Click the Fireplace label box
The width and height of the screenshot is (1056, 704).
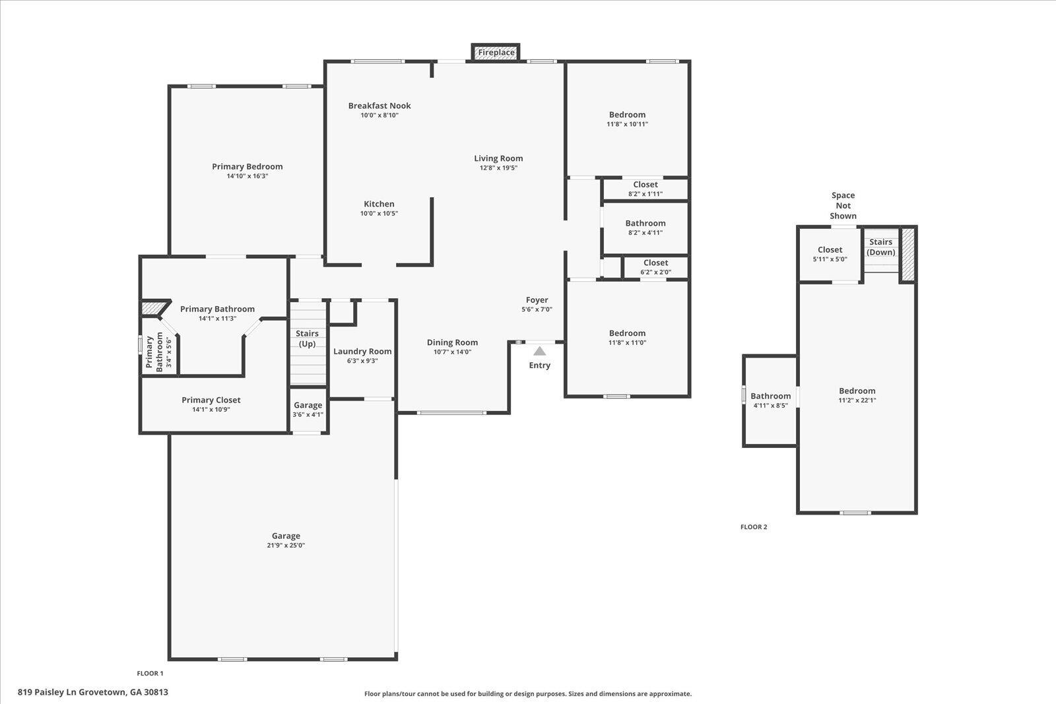[496, 52]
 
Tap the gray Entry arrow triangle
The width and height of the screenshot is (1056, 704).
[540, 351]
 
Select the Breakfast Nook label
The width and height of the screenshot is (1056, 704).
[379, 106]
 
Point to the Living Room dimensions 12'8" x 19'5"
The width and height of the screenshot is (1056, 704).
[498, 168]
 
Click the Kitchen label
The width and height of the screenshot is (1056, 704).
[379, 204]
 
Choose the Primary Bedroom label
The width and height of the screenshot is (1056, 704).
[247, 166]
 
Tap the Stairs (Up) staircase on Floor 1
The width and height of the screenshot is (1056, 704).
[308, 344]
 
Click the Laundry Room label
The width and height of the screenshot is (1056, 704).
[362, 351]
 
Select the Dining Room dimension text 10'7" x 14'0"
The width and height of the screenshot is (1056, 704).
[453, 352]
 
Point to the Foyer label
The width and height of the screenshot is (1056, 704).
[537, 300]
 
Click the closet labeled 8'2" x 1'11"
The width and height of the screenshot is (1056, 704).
[645, 189]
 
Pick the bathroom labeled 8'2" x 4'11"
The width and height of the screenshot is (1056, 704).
[645, 228]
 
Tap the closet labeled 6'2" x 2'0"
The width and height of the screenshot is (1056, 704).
[656, 267]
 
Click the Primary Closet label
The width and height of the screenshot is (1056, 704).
[211, 400]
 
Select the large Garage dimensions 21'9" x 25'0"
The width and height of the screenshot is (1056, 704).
[286, 545]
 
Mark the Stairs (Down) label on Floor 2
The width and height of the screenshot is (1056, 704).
[880, 247]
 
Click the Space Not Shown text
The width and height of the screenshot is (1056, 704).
[843, 205]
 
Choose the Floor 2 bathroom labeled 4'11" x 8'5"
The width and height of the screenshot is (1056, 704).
[770, 400]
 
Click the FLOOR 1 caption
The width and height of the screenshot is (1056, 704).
[150, 674]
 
